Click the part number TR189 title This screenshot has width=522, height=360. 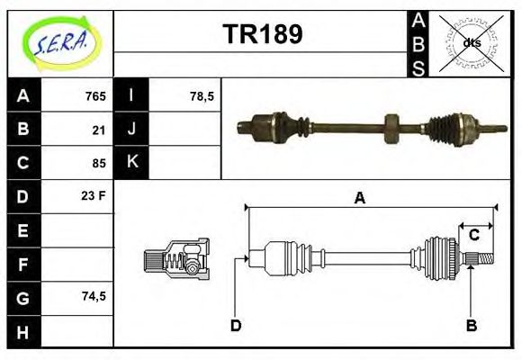262,34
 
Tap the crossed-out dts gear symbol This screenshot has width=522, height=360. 471,42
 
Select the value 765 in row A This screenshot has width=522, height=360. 96,96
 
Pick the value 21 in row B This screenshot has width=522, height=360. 100,130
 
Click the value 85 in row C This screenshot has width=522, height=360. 100,163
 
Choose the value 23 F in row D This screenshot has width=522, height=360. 94,194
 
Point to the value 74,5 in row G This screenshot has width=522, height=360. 94,296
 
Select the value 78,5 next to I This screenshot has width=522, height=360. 201,96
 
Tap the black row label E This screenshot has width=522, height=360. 22,230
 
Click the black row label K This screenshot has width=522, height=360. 132,163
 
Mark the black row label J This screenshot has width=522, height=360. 132,130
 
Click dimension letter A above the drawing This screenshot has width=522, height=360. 359,199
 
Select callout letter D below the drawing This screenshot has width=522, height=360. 236,325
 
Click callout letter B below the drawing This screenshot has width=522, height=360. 470,325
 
